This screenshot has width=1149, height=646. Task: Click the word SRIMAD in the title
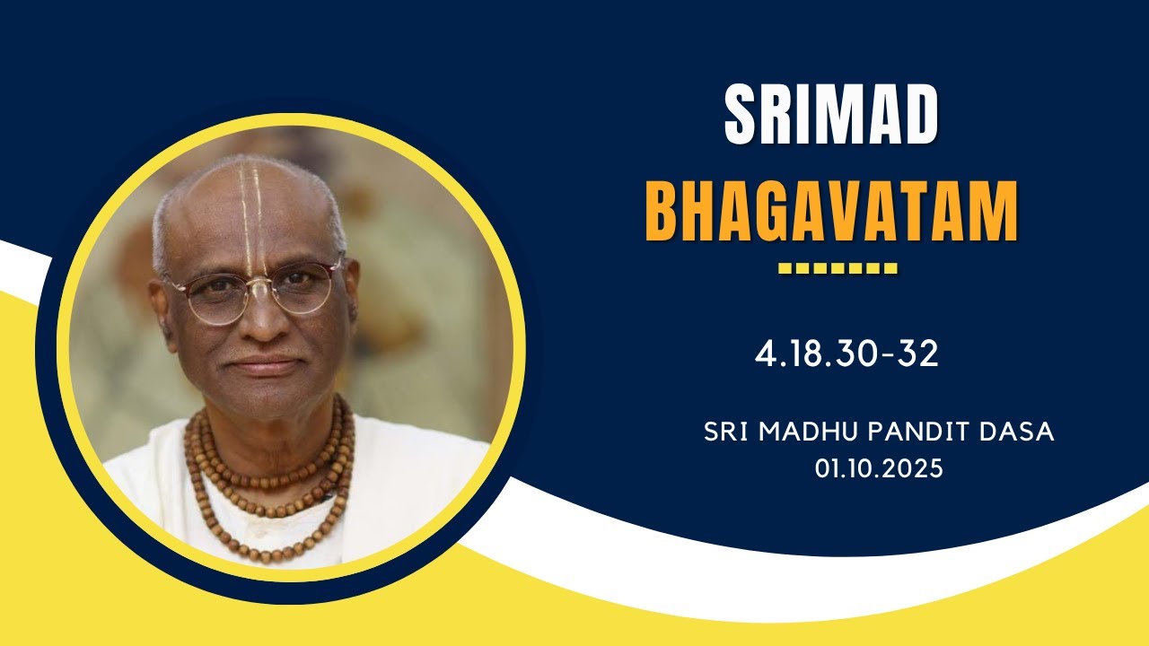[830, 116]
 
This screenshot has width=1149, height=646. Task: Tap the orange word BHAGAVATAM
[832, 212]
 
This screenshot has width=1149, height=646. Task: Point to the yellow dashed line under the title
[838, 268]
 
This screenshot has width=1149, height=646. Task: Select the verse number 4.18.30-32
[846, 354]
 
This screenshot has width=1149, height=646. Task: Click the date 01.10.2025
[879, 468]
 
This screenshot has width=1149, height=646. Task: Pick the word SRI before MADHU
[727, 432]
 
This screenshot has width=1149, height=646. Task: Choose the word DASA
[1018, 432]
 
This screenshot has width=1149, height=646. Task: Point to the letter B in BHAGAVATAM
[665, 212]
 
